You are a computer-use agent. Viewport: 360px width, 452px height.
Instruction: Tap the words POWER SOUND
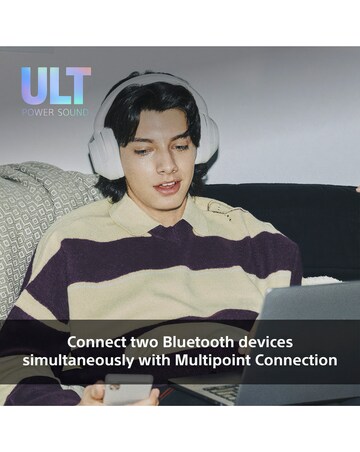(56, 111)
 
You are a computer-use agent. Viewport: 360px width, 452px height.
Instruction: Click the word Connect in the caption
(97, 341)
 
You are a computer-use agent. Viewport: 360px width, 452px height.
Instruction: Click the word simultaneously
(76, 360)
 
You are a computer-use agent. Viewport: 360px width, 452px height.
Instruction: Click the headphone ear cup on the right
(207, 140)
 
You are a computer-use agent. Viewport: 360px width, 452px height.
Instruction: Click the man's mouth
(166, 185)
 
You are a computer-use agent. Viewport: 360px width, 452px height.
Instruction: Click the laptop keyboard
(215, 392)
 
